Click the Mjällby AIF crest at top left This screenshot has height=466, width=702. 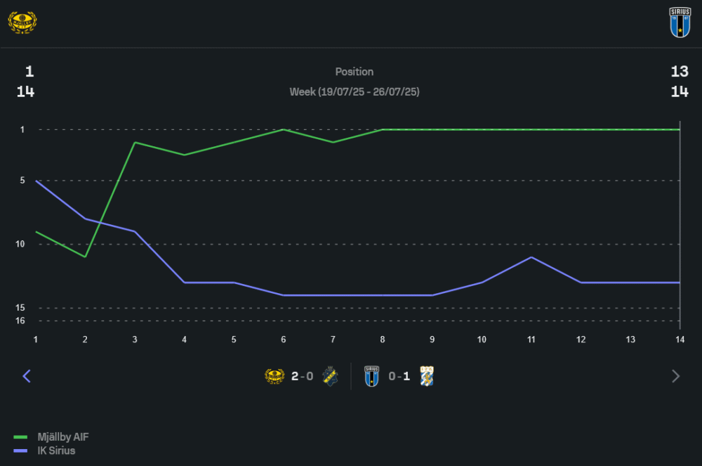tap(22, 22)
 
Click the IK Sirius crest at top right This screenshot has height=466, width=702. tap(680, 22)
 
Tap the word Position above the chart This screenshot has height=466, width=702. tap(355, 72)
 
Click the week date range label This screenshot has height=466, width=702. tap(355, 92)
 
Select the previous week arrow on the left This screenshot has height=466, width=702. tap(27, 376)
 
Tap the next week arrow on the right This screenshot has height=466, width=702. tap(675, 376)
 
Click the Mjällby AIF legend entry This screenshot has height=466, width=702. tap(62, 437)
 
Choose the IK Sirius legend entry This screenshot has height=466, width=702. tap(56, 451)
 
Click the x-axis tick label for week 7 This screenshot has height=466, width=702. tap(333, 339)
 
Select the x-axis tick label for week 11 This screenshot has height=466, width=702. tap(531, 339)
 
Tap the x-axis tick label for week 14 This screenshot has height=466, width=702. tap(680, 339)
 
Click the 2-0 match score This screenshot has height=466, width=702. tap(302, 376)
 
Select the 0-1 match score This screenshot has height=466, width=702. tap(399, 376)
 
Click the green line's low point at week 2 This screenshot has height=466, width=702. tap(85, 257)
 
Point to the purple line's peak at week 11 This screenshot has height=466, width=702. tap(531, 257)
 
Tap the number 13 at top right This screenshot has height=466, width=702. tap(680, 72)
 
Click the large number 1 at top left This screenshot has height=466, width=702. tap(29, 72)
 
